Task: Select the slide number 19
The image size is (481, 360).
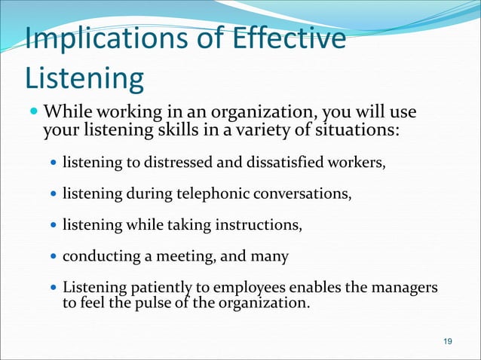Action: coord(448,343)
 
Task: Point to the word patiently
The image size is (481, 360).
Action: coord(149,289)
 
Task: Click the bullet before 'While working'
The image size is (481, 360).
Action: coord(32,114)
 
